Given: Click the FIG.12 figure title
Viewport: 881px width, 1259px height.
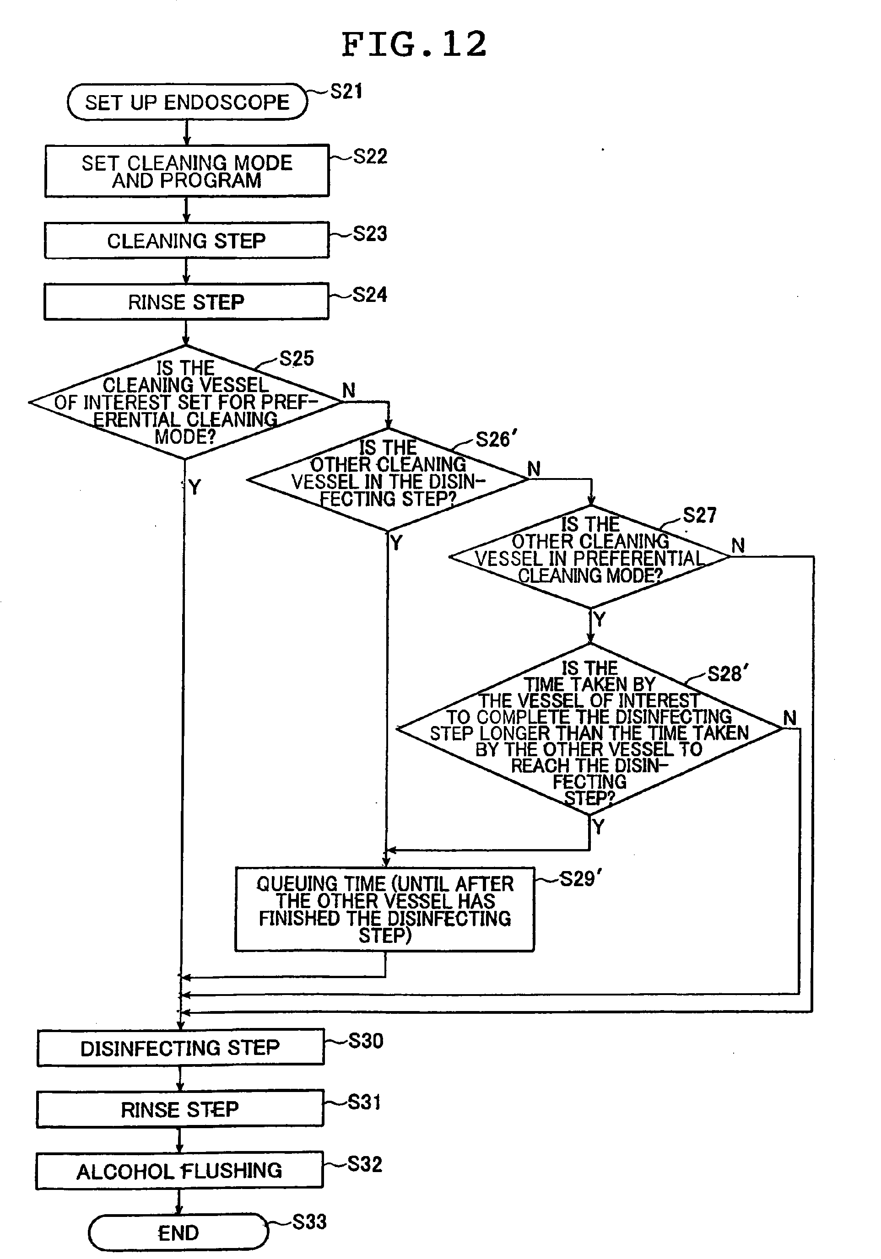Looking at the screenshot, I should (x=414, y=44).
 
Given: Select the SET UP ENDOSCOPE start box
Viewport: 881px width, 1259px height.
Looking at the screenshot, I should (x=187, y=102).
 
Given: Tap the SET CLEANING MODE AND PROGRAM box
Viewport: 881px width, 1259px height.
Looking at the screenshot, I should (x=187, y=171).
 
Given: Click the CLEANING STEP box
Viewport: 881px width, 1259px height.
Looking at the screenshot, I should (x=187, y=240).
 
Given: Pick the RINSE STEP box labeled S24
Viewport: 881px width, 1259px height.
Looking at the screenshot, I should (x=187, y=301).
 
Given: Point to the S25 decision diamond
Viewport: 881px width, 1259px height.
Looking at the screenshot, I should (x=185, y=402).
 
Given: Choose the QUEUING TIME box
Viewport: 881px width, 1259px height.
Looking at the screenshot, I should (x=384, y=909).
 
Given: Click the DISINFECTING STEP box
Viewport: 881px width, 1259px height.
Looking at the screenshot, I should (x=180, y=1048).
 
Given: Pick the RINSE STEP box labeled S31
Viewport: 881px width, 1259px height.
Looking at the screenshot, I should (x=180, y=1109).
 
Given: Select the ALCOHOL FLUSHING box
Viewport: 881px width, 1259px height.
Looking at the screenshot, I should (x=179, y=1171).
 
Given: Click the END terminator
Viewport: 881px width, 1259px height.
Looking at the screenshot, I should (x=178, y=1232).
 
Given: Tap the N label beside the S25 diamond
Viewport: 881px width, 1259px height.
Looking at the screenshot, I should (x=349, y=390).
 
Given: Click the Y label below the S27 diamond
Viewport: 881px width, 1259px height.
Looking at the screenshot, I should (x=600, y=619).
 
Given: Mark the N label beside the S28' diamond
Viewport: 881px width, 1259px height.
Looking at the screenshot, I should (x=789, y=718).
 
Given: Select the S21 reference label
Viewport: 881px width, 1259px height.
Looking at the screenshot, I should (x=346, y=91).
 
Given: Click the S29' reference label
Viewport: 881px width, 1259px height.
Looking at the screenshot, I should (x=580, y=879).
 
